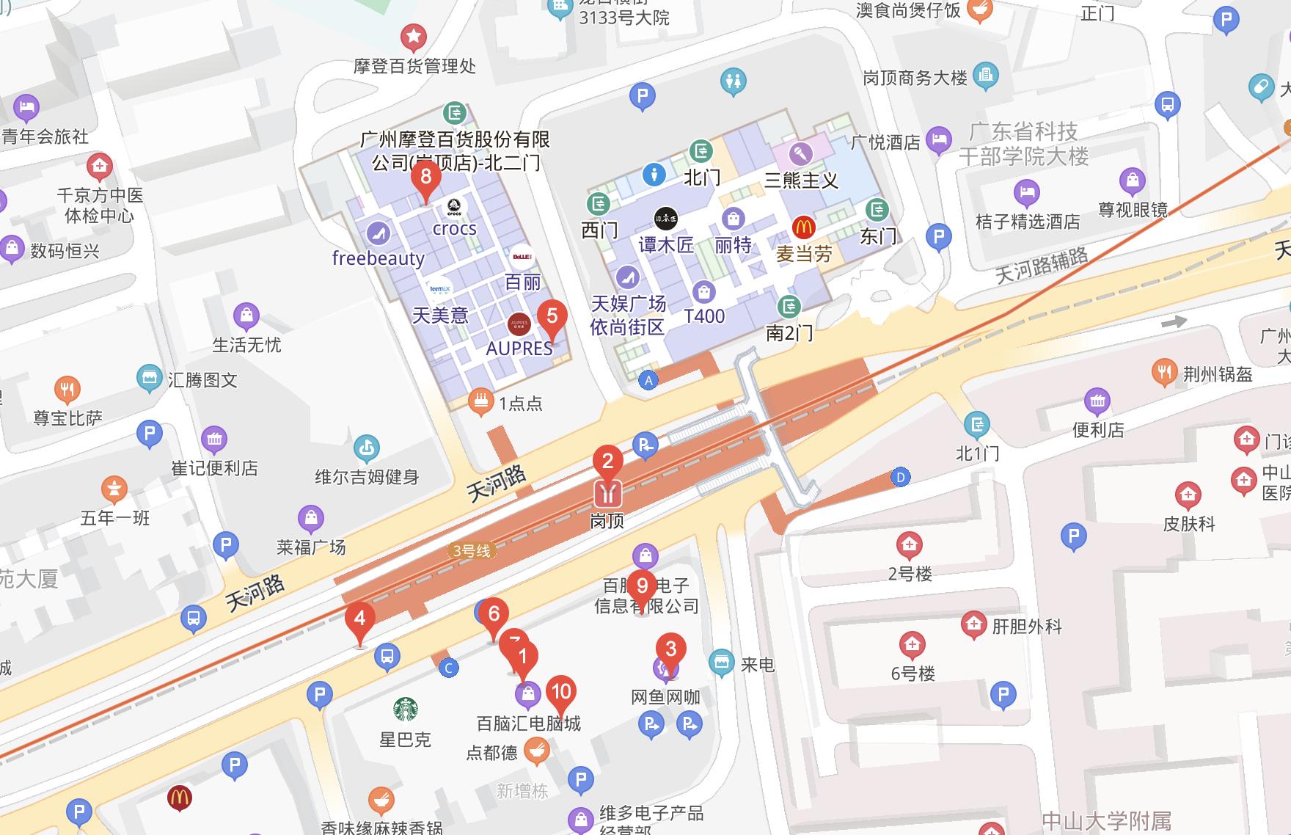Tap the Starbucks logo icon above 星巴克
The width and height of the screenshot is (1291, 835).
(406, 709)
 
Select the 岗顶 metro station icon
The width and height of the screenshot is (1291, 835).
(607, 494)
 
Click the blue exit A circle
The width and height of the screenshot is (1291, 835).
(648, 380)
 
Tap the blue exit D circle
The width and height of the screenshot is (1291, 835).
(900, 478)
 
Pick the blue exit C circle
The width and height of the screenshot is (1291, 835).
(448, 668)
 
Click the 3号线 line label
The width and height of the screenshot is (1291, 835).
(471, 550)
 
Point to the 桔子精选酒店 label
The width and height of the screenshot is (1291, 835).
(1028, 221)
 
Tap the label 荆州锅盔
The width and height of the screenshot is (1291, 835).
(1217, 374)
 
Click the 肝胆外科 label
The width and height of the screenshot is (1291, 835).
(1027, 627)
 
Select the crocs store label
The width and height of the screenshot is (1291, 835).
(454, 229)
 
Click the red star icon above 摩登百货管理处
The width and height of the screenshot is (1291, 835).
(413, 36)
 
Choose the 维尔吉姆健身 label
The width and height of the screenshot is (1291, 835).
(367, 477)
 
